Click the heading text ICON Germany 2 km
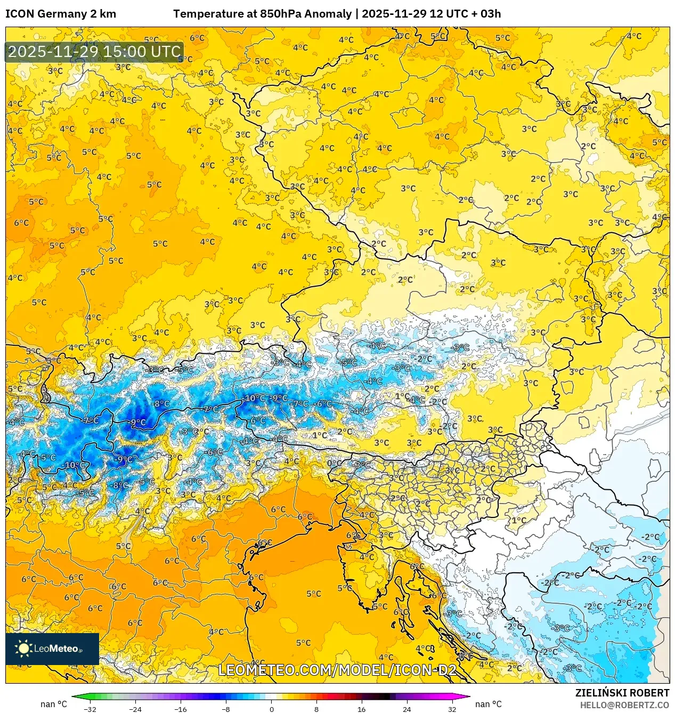tap(61, 14)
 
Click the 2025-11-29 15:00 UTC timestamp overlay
tap(94, 52)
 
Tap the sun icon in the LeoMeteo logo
tap(23, 648)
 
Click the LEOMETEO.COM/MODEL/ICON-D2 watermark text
tap(337, 670)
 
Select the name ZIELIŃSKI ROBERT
tap(622, 693)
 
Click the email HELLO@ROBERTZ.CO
tap(624, 705)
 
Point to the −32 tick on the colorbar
tap(90, 709)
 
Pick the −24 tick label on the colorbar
tap(135, 709)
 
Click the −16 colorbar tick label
tap(181, 709)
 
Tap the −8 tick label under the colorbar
tap(226, 709)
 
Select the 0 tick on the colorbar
tap(271, 709)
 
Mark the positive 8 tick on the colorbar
tap(316, 709)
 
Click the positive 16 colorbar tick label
tap(362, 709)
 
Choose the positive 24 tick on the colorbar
tap(407, 709)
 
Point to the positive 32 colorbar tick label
tap(452, 709)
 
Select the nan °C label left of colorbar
tap(54, 704)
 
